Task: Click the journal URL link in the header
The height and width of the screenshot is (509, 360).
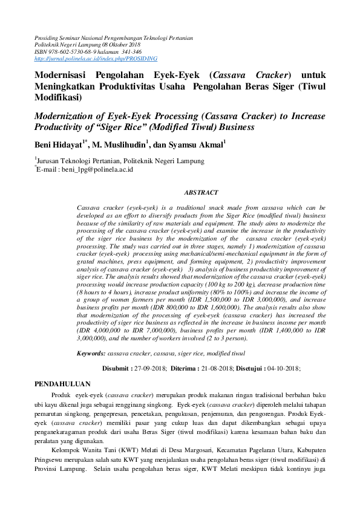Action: (x=96, y=59)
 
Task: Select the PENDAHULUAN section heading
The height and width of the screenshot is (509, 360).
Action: (x=62, y=383)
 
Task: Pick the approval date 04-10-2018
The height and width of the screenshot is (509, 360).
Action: (x=283, y=368)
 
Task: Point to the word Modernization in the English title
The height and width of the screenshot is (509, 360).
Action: (x=68, y=116)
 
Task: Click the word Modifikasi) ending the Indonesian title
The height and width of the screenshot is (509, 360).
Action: (x=57, y=97)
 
